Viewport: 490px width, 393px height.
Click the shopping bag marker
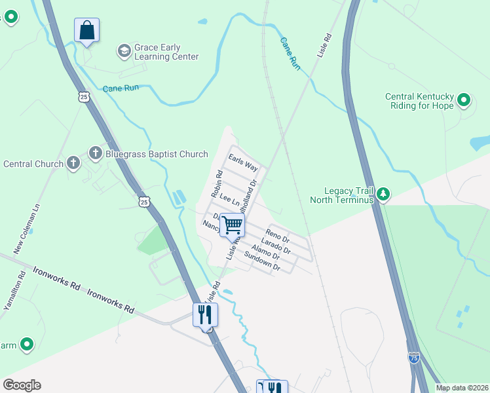[x=86, y=31]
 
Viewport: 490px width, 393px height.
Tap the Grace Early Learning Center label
[x=166, y=52]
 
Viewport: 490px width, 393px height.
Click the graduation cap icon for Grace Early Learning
[x=123, y=51]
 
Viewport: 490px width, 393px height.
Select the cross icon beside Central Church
[x=73, y=163]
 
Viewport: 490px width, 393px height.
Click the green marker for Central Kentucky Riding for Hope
[x=464, y=100]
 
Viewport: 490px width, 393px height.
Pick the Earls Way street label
[x=242, y=162]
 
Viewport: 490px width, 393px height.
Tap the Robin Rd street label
[x=217, y=184]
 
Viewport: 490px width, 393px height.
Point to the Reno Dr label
[x=277, y=234]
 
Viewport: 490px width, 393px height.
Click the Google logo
[x=22, y=385]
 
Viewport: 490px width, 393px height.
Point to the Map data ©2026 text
[x=462, y=388]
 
